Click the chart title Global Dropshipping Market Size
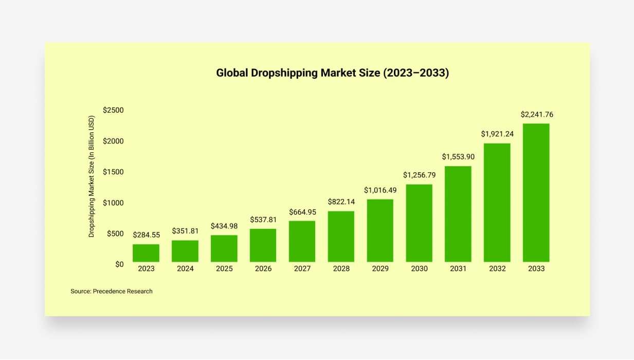click(332, 73)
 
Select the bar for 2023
click(146, 253)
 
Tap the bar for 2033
click(536, 193)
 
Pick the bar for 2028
click(341, 237)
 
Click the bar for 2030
click(419, 223)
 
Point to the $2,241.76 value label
click(537, 115)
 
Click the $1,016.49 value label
click(381, 190)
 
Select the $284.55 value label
click(146, 235)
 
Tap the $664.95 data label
click(302, 212)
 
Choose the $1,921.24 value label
click(497, 134)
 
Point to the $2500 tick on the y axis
click(113, 110)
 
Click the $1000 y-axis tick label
click(113, 203)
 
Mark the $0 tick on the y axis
click(119, 264)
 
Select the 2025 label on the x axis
click(224, 268)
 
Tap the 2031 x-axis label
click(458, 268)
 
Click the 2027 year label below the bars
click(302, 268)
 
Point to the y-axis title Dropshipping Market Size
click(92, 176)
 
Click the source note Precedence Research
click(112, 291)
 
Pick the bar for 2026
click(263, 245)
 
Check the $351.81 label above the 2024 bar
click(185, 231)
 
